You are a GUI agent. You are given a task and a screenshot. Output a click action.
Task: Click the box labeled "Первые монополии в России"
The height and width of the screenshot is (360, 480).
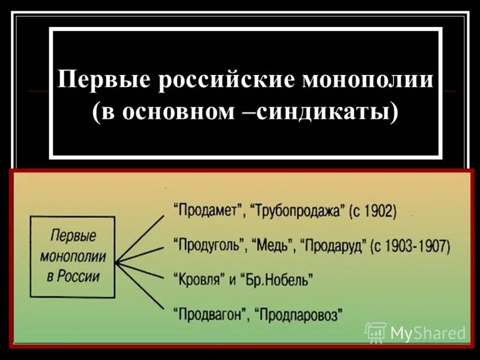point(73,254)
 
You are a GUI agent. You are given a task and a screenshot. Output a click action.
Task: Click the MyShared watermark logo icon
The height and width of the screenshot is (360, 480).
point(376,331)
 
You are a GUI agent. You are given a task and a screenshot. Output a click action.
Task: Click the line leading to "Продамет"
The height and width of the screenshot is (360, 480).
point(139,238)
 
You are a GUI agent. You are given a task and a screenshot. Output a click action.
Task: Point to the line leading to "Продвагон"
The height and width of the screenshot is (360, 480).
point(139,286)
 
